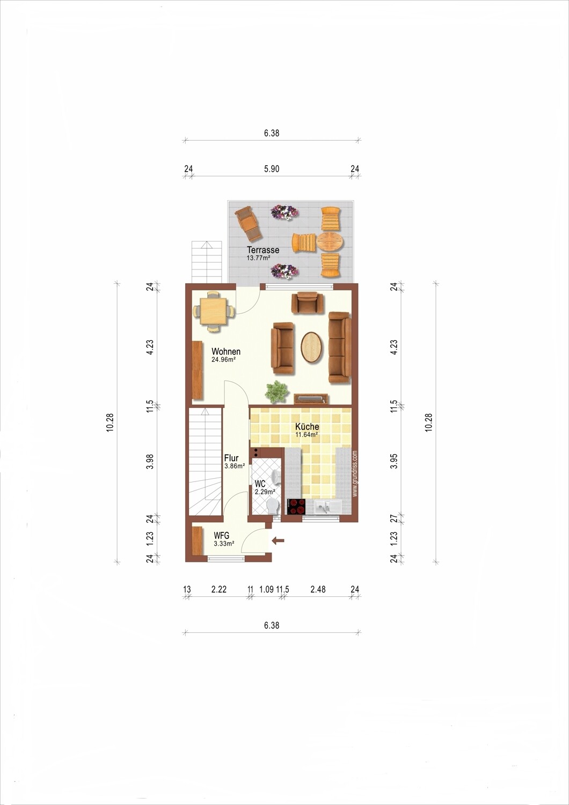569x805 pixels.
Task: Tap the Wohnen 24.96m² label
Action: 226,355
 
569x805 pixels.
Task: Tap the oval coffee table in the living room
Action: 312,347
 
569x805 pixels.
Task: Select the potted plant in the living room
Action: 277,391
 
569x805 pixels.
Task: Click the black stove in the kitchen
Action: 296,507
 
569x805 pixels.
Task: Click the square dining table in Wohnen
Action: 214,311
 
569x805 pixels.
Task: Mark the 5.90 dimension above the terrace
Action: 272,169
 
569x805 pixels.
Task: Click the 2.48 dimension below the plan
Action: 318,589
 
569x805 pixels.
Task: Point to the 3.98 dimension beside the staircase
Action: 150,462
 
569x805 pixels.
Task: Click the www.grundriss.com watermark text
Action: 355,474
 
